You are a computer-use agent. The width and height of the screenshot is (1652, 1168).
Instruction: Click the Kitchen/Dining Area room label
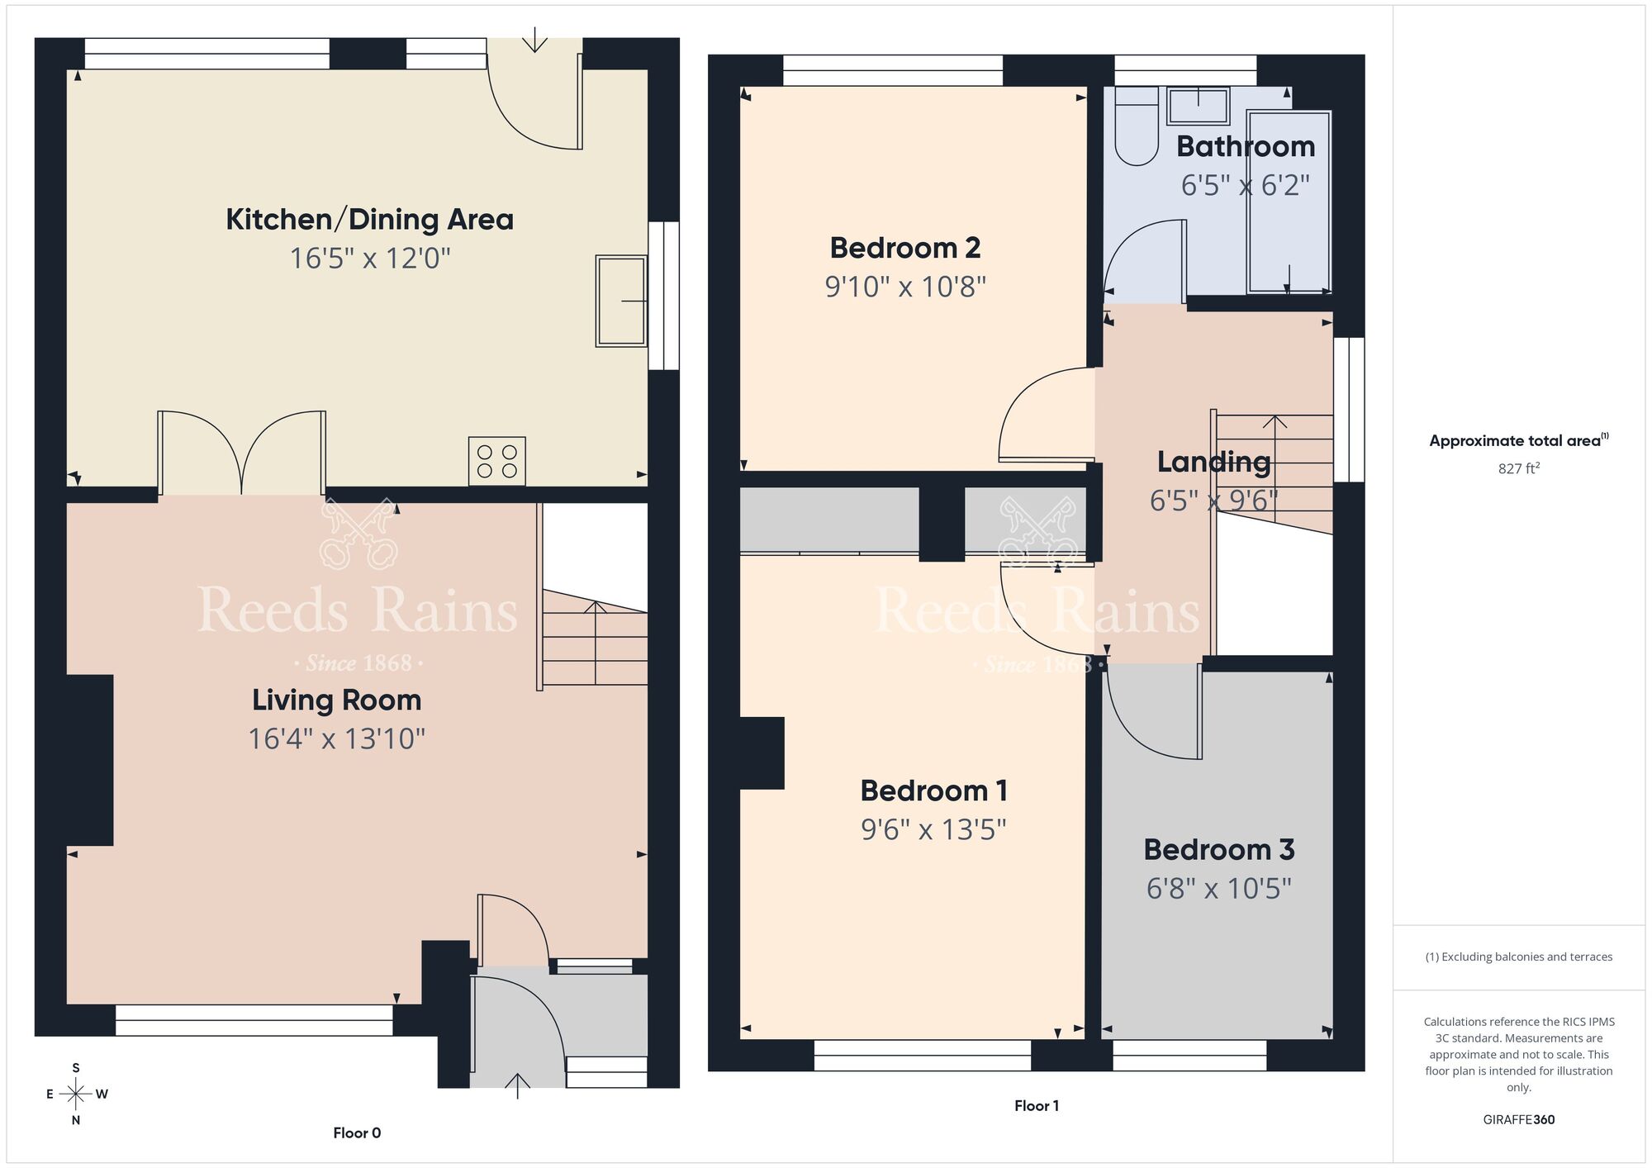coord(369,220)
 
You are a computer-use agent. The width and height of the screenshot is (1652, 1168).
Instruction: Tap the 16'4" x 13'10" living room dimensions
coord(336,738)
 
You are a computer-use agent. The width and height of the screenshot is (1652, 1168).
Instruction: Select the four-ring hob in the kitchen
coord(497,461)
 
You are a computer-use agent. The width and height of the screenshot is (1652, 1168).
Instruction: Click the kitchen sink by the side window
coord(621,301)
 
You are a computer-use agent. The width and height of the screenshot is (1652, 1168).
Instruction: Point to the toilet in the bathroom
coord(1137,132)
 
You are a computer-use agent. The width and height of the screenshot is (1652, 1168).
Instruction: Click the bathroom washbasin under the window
coord(1199,106)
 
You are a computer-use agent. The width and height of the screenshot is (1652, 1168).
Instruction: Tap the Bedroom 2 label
coord(905,248)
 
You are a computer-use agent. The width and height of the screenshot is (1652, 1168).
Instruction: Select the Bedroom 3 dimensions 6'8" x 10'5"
coord(1218,889)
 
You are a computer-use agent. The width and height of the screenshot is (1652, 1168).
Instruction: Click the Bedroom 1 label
coord(933,791)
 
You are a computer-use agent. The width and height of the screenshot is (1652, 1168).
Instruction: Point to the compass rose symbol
coord(76,1094)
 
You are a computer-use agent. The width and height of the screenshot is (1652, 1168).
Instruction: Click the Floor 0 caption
coord(357,1132)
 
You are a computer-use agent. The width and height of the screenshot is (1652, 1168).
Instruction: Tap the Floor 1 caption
coord(1037,1105)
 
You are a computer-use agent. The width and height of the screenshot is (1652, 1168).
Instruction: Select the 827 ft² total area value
coord(1518,468)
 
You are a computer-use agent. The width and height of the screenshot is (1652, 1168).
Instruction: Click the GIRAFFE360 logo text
coord(1518,1119)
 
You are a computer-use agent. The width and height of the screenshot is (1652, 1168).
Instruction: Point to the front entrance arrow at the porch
coord(517,1085)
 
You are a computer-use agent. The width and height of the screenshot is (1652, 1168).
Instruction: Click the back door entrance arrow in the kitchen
coord(535,40)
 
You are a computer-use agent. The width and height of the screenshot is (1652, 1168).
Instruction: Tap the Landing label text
coord(1213,462)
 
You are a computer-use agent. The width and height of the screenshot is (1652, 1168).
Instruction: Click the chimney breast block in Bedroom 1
coord(762,753)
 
